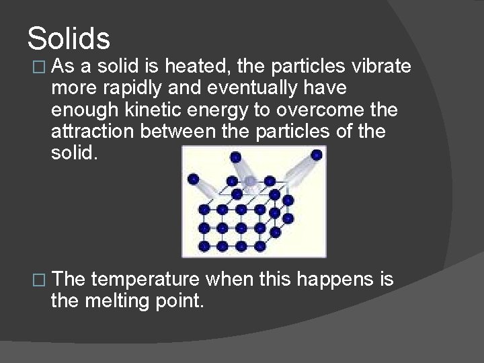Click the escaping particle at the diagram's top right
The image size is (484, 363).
point(316,155)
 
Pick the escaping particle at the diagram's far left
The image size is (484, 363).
point(194,179)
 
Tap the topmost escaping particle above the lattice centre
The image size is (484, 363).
point(235,157)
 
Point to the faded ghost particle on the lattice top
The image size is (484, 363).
point(251,180)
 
